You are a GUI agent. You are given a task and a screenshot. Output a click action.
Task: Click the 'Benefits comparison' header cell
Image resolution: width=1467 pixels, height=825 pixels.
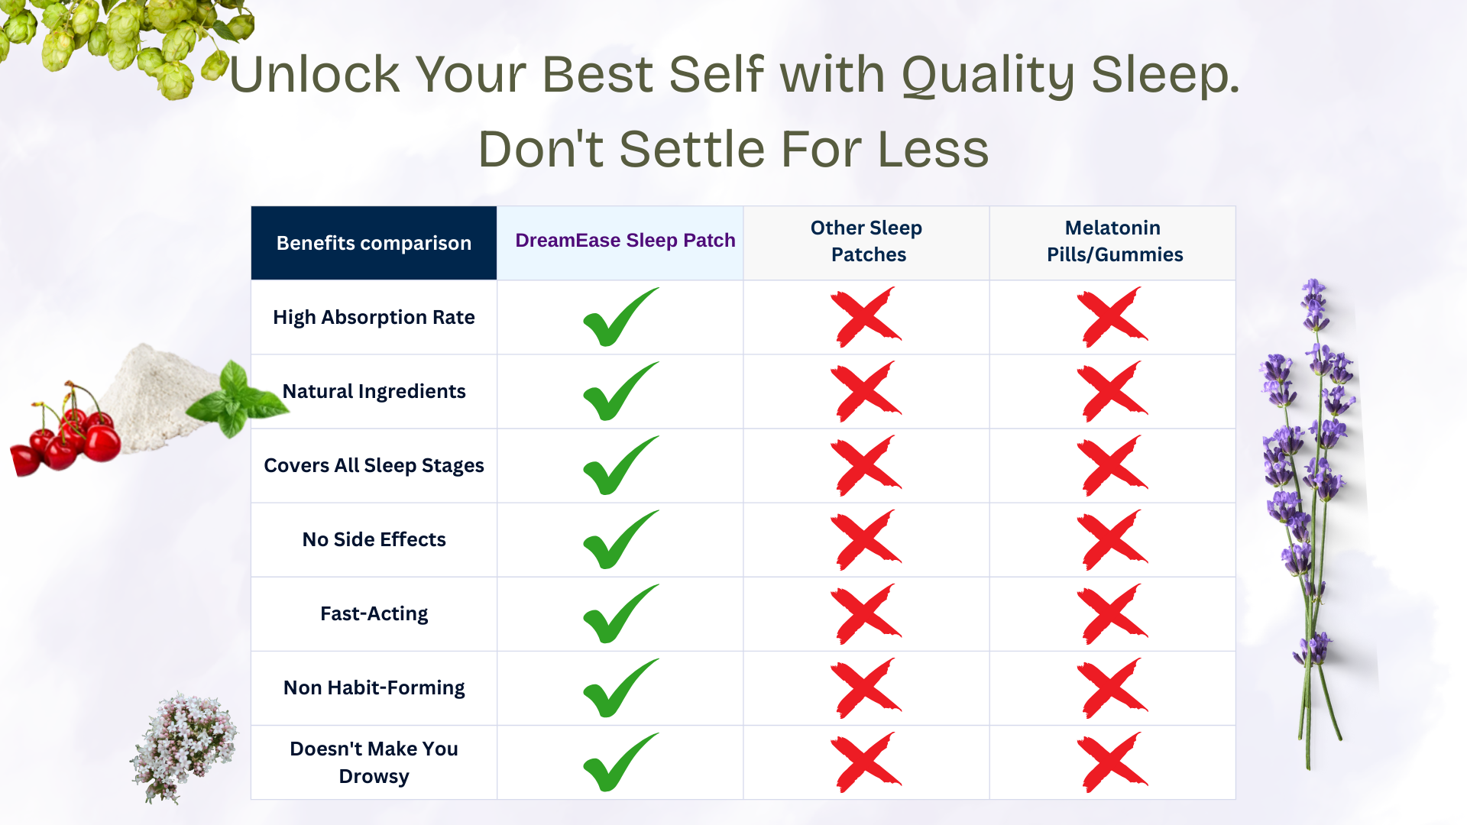[374, 243]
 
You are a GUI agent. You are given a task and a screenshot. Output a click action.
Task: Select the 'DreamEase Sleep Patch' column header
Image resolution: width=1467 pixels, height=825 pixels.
[625, 241]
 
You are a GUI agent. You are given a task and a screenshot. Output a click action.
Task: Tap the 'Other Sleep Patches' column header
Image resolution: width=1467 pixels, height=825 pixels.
[866, 241]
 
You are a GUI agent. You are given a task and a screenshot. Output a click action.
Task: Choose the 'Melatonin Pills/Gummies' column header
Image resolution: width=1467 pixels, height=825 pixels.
[1113, 241]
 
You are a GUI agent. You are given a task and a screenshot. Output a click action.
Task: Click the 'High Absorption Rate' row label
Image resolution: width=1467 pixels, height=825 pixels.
[374, 317]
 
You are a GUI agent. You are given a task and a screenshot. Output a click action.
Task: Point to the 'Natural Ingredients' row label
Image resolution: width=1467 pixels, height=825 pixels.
[374, 391]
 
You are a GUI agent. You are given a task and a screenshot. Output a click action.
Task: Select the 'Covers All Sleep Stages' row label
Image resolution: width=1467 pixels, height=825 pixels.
[374, 465]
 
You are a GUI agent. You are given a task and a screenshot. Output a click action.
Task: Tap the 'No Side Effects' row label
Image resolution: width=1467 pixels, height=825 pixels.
[374, 539]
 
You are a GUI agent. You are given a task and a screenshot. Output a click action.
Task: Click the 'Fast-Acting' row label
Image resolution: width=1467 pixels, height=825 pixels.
[374, 613]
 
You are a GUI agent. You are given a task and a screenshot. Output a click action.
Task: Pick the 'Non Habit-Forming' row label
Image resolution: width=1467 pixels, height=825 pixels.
[374, 687]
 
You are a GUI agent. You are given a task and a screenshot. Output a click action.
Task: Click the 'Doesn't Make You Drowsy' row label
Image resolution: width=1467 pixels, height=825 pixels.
[374, 762]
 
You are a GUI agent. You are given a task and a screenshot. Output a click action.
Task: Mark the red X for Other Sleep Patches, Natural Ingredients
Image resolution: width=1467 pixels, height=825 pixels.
[866, 392]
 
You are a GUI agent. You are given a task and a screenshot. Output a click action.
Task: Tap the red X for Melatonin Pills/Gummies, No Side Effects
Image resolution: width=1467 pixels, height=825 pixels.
[1112, 540]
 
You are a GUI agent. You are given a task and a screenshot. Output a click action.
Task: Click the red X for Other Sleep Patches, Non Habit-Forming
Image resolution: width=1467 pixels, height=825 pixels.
[866, 688]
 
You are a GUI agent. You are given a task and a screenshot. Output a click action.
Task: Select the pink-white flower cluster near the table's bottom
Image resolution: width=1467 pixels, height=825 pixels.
[183, 747]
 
